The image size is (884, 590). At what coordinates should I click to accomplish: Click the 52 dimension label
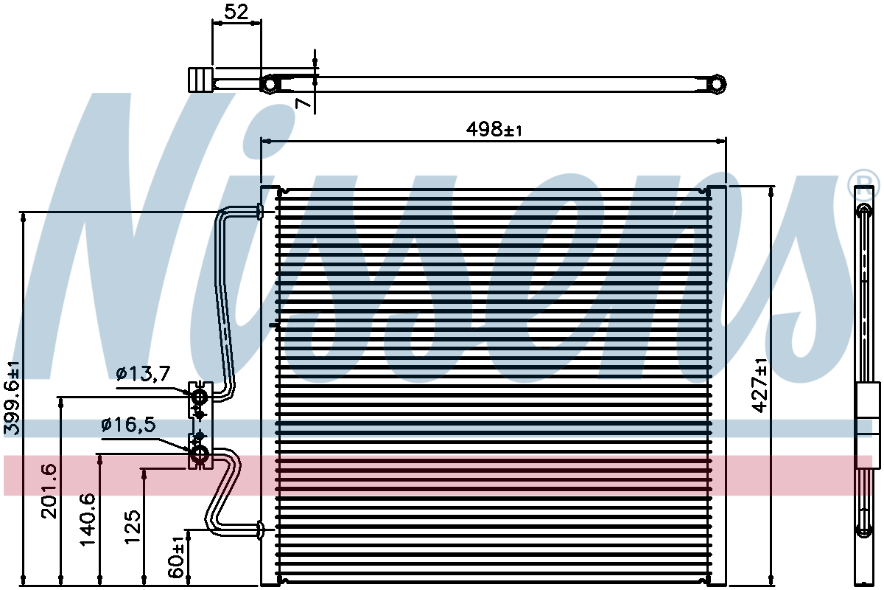click(236, 12)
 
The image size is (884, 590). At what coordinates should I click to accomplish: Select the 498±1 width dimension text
click(494, 129)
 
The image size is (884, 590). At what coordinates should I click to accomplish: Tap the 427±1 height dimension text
click(760, 385)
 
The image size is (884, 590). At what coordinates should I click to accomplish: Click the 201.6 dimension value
click(49, 491)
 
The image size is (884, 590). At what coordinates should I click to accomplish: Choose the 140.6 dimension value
click(88, 519)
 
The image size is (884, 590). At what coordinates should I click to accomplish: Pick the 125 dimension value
click(133, 527)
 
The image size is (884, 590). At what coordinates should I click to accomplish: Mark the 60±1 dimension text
click(176, 558)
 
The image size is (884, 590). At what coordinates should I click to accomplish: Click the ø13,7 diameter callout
click(143, 373)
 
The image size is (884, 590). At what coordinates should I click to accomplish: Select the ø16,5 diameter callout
click(129, 425)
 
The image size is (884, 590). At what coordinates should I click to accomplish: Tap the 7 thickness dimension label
click(303, 103)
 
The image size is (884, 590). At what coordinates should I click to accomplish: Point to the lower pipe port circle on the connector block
click(200, 454)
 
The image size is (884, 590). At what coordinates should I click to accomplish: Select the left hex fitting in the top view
click(270, 84)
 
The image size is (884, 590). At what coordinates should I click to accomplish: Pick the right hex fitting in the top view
click(716, 84)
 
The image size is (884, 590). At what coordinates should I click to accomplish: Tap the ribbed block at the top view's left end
click(201, 80)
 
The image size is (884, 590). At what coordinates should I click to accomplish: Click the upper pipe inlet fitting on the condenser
click(259, 212)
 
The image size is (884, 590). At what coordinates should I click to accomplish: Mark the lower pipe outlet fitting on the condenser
click(259, 530)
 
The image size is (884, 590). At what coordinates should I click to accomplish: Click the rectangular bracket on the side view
click(868, 426)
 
